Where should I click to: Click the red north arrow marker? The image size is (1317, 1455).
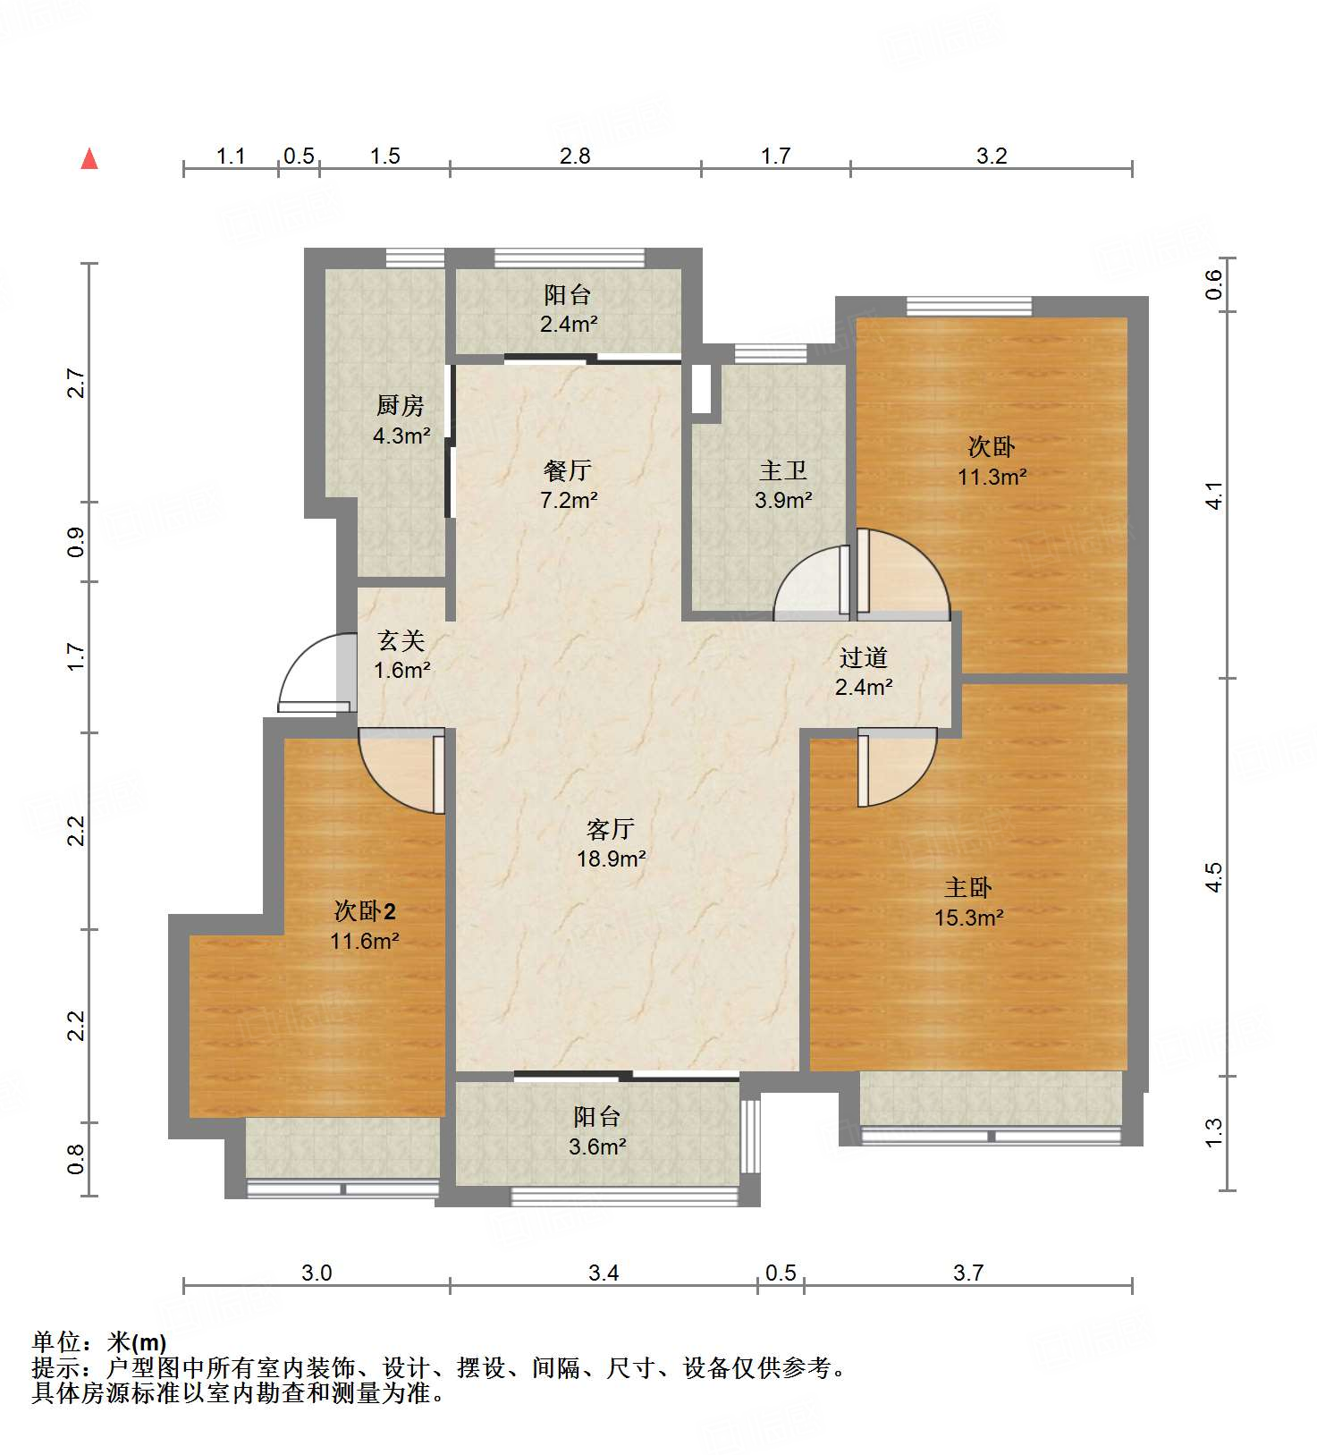[x=89, y=159]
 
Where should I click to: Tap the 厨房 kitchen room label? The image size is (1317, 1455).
[x=400, y=420]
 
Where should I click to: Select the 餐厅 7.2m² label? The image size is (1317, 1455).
[x=568, y=485]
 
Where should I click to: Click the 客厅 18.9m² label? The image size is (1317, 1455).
[x=611, y=843]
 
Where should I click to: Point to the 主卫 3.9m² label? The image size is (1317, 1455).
[x=782, y=485]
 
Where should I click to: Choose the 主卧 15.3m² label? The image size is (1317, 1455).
[x=968, y=902]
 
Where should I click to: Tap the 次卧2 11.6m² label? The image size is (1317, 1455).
[x=364, y=926]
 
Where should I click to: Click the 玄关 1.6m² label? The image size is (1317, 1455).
[x=401, y=655]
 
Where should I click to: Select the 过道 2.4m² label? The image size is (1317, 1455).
[x=863, y=672]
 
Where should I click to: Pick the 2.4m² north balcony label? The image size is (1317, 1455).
[x=568, y=309]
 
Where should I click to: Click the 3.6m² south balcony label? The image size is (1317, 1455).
[x=596, y=1131]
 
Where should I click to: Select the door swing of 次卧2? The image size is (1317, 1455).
[x=400, y=767]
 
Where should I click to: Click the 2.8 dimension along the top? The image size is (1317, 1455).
[x=575, y=156]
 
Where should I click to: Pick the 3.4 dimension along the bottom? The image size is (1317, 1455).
[x=604, y=1272]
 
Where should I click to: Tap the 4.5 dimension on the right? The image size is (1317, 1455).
[x=1213, y=876]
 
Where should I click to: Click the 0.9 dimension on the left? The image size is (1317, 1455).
[x=76, y=542]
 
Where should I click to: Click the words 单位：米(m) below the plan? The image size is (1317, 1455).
[x=99, y=1342]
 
